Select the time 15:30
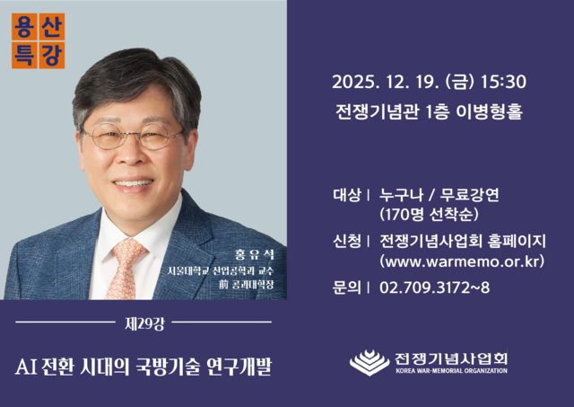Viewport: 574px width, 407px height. tap(503, 83)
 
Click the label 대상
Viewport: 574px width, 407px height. tap(346, 193)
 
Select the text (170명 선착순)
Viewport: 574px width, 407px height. tap(428, 216)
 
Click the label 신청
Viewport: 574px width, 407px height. tap(346, 240)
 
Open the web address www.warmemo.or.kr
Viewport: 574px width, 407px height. tap(462, 262)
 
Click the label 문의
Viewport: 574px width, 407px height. tap(346, 288)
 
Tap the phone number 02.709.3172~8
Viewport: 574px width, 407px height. tap(434, 288)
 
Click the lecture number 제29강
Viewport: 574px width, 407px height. tap(143, 322)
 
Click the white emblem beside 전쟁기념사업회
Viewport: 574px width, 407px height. tap(369, 362)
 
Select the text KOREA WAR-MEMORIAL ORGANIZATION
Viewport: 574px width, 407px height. tap(451, 370)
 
